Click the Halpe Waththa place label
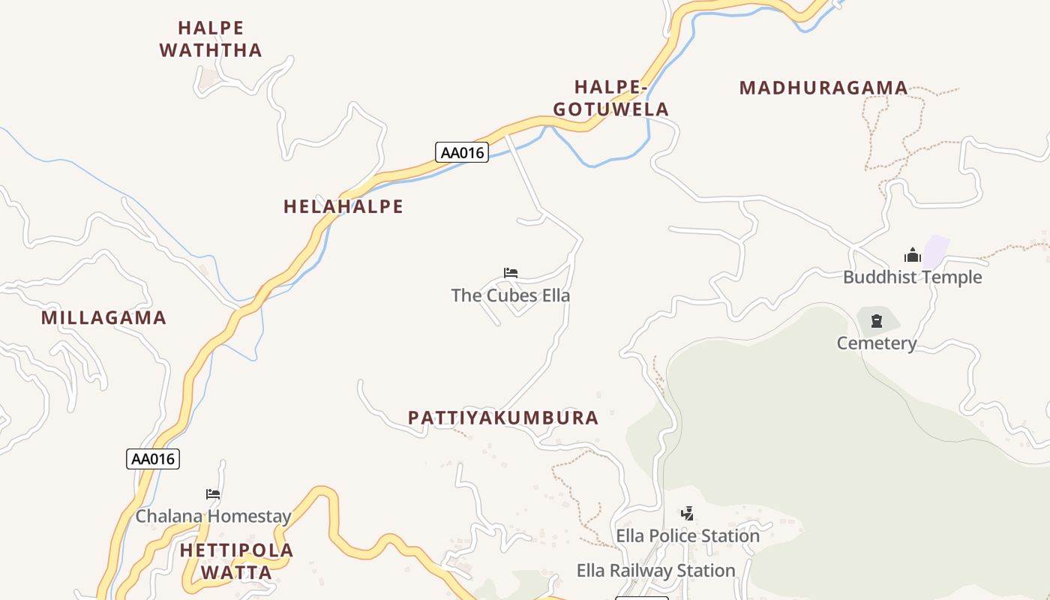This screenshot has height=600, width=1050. (x=211, y=39)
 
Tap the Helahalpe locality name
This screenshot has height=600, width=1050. (x=343, y=206)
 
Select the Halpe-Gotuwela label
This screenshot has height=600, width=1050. (x=610, y=98)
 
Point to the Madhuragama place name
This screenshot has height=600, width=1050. (x=823, y=88)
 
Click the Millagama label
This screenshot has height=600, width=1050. (x=103, y=317)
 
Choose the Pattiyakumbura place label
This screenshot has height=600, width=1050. (x=503, y=418)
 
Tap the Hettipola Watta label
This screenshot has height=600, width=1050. (x=236, y=561)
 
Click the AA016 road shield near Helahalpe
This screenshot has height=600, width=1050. (x=462, y=152)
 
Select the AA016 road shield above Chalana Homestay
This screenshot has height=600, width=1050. (x=153, y=459)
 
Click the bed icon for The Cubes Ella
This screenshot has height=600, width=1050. (x=511, y=273)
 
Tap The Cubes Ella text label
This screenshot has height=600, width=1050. (x=510, y=295)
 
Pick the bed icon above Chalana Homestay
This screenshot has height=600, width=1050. (x=213, y=494)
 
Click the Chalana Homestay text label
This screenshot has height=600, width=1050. (x=213, y=516)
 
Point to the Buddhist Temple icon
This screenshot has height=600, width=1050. (x=912, y=255)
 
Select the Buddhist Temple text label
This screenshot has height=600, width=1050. (x=912, y=277)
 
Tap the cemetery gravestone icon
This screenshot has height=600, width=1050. (x=877, y=322)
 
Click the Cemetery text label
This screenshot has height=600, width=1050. (x=877, y=343)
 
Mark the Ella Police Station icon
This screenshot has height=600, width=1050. (x=687, y=514)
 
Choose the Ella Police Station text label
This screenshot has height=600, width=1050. (x=688, y=535)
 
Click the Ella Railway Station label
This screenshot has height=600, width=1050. (x=655, y=571)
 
